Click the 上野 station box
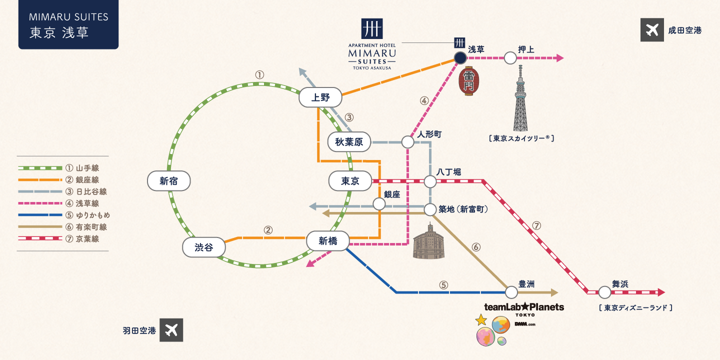pyautogui.click(x=320, y=97)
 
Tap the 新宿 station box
pyautogui.click(x=169, y=181)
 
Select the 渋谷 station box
pyautogui.click(x=203, y=247)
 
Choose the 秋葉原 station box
pyautogui.click(x=349, y=142)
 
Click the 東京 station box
pyautogui.click(x=350, y=181)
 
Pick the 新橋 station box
pyautogui.click(x=328, y=241)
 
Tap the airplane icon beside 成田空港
pyautogui.click(x=652, y=30)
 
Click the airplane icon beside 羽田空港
pyautogui.click(x=171, y=330)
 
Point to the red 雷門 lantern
pyautogui.click(x=469, y=81)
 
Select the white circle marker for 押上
pyautogui.click(x=510, y=58)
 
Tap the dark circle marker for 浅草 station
pyautogui.click(x=460, y=58)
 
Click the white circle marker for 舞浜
pyautogui.click(x=605, y=292)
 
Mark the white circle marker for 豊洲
pyautogui.click(x=511, y=292)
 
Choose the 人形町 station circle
pyautogui.click(x=407, y=142)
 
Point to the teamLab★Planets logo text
pyautogui.click(x=523, y=307)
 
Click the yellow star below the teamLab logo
pyautogui.click(x=480, y=320)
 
